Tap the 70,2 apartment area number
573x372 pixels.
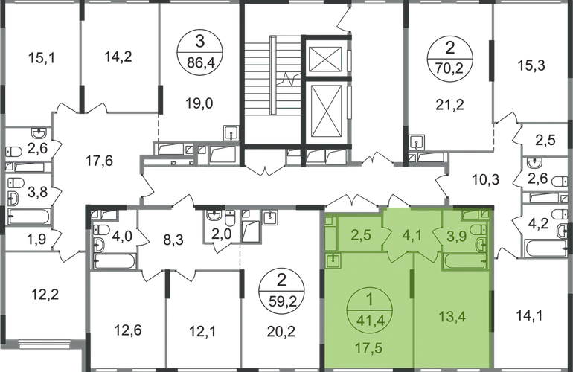coord(450,68)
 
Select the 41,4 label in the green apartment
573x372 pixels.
coord(369,323)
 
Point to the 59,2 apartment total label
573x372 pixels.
coord(281,303)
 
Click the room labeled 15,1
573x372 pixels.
coord(41,58)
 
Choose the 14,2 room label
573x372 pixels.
coord(118,57)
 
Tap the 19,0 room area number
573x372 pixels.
coord(199,103)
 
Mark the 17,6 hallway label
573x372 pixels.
coord(99,161)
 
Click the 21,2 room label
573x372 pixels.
coord(450,105)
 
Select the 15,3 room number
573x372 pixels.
coord(531,65)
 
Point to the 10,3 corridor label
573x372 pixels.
coord(486,179)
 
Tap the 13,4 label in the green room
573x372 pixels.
coord(452,316)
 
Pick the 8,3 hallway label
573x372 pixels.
coord(173,240)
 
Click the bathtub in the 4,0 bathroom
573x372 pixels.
coord(115,261)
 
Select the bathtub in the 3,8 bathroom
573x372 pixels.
coord(29,216)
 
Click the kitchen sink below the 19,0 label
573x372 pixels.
coord(231,133)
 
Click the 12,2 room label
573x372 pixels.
coord(45,294)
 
